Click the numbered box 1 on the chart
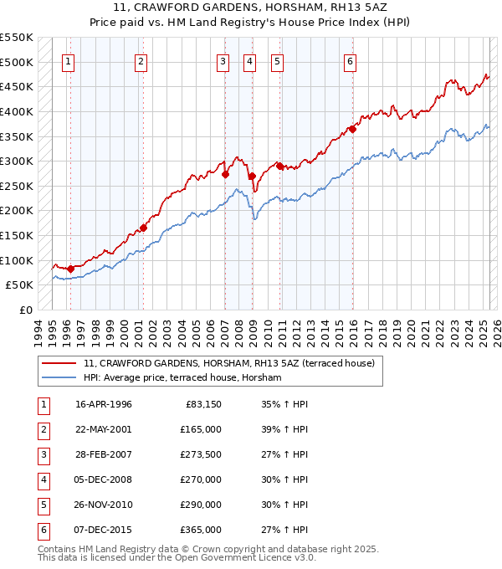(68, 61)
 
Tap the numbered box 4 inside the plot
(250, 61)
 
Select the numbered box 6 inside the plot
(350, 61)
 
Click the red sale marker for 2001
(144, 227)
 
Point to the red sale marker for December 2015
(352, 129)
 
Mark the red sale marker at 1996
(70, 269)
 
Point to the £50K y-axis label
(19, 285)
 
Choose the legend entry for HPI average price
(182, 378)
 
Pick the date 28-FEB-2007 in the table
(104, 454)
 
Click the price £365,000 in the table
(201, 530)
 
